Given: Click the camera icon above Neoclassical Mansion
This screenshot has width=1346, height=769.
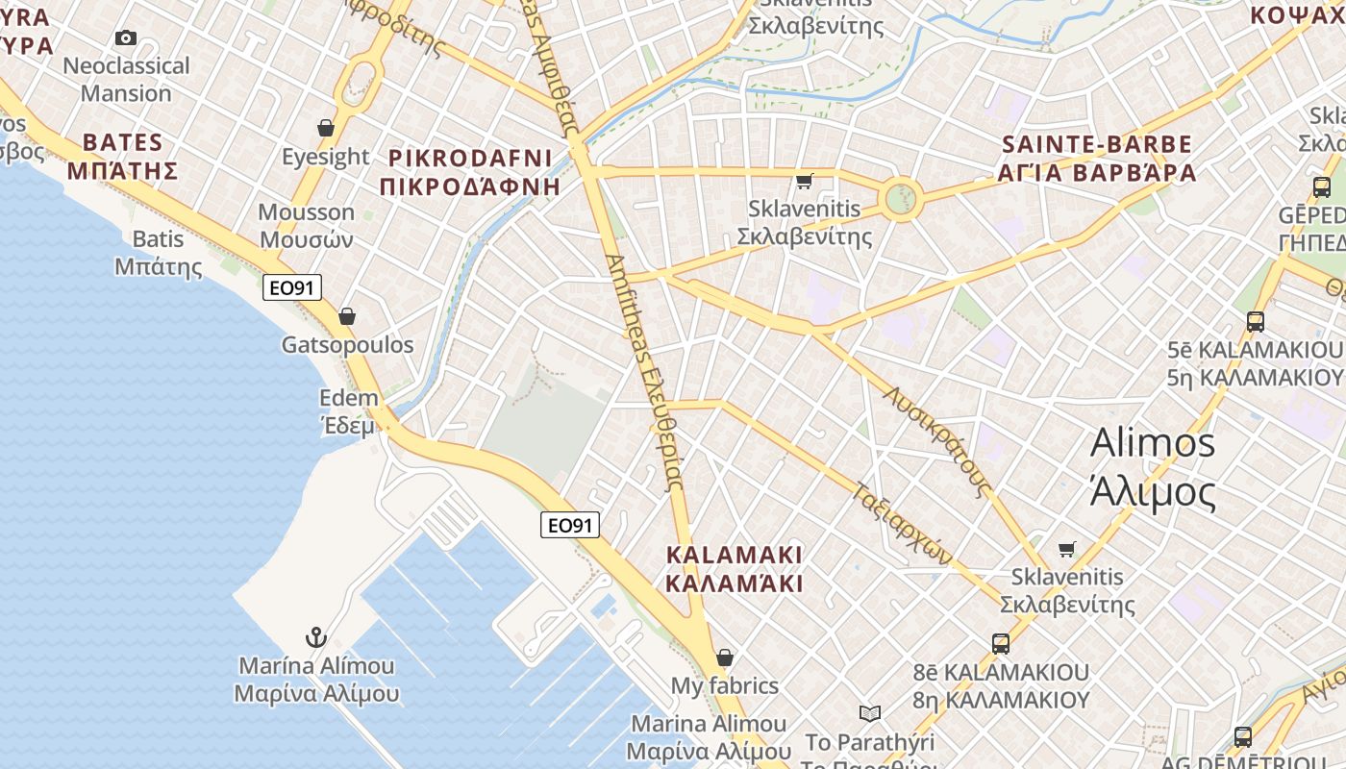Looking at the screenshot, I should [125, 38].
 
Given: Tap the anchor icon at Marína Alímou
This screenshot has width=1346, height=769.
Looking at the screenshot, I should [315, 636].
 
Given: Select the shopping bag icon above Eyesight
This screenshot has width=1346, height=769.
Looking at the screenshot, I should [326, 128].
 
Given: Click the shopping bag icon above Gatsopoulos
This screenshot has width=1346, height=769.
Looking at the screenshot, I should [347, 315].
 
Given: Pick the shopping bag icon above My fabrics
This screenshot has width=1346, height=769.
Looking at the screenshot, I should [725, 657].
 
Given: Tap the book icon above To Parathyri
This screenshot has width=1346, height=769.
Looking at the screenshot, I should [869, 713].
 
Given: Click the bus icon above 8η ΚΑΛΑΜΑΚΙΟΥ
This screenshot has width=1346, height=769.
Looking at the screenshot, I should [1001, 643].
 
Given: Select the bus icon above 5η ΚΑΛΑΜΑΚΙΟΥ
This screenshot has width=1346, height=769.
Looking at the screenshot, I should [1255, 321].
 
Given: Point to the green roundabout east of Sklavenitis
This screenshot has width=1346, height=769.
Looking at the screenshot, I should [900, 200].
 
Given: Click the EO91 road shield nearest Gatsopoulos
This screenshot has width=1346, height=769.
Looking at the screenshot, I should [292, 286].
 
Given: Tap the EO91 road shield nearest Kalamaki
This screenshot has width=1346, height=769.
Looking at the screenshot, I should [570, 524].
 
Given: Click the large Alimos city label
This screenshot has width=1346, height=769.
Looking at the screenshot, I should [1153, 467].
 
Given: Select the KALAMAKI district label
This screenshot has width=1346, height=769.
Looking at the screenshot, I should [734, 569].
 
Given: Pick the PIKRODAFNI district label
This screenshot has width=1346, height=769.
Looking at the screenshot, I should [470, 172].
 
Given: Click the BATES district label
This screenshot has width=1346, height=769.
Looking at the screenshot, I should [122, 157].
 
